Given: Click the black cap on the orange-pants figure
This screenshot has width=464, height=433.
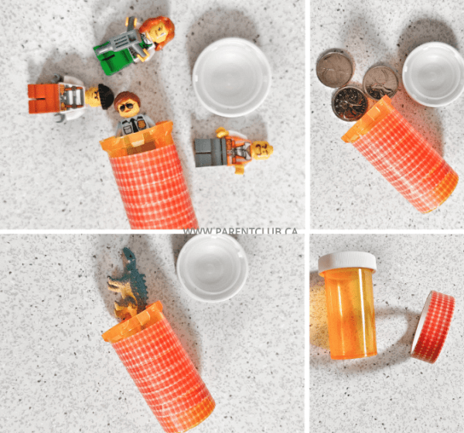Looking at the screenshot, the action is [x=106, y=96].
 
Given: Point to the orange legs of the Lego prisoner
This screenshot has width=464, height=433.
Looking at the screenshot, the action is [x=44, y=98].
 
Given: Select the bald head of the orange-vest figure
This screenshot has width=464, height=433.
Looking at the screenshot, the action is [x=261, y=150].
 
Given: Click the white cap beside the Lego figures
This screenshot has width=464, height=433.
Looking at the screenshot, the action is [x=232, y=77].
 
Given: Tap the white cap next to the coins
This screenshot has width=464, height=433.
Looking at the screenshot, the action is [x=433, y=74].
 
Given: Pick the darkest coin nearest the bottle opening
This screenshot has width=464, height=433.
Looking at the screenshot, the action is [x=350, y=104].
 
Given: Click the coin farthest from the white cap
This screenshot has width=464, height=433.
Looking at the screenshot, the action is [x=335, y=68].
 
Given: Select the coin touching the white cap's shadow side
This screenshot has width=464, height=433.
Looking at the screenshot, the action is [x=380, y=83].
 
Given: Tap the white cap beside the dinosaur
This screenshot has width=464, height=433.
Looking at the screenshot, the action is [x=213, y=268].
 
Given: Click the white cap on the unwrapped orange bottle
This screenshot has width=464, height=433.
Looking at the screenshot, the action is [x=347, y=262].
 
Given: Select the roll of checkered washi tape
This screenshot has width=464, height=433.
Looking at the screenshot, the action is [x=432, y=327].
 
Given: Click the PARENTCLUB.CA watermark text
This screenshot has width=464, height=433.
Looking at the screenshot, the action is [x=241, y=231].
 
